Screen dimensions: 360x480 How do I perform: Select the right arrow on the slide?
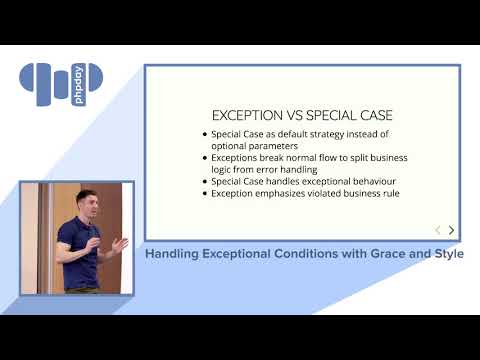(451, 230)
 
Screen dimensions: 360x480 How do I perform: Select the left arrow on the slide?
(437, 230)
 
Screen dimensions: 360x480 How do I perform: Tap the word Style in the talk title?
(444, 254)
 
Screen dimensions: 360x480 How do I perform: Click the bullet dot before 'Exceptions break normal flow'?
(204, 158)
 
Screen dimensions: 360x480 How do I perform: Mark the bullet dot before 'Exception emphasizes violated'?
(204, 193)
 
